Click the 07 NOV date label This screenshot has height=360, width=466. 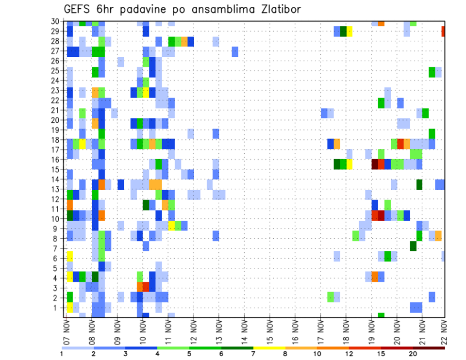pyautogui.click(x=66, y=332)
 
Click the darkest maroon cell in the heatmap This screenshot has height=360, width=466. pyautogui.click(x=375, y=164)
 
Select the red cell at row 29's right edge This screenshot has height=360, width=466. pyautogui.click(x=443, y=32)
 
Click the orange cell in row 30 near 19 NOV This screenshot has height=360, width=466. pyautogui.click(x=381, y=23)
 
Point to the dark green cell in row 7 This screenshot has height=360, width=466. pyautogui.click(x=413, y=246)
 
